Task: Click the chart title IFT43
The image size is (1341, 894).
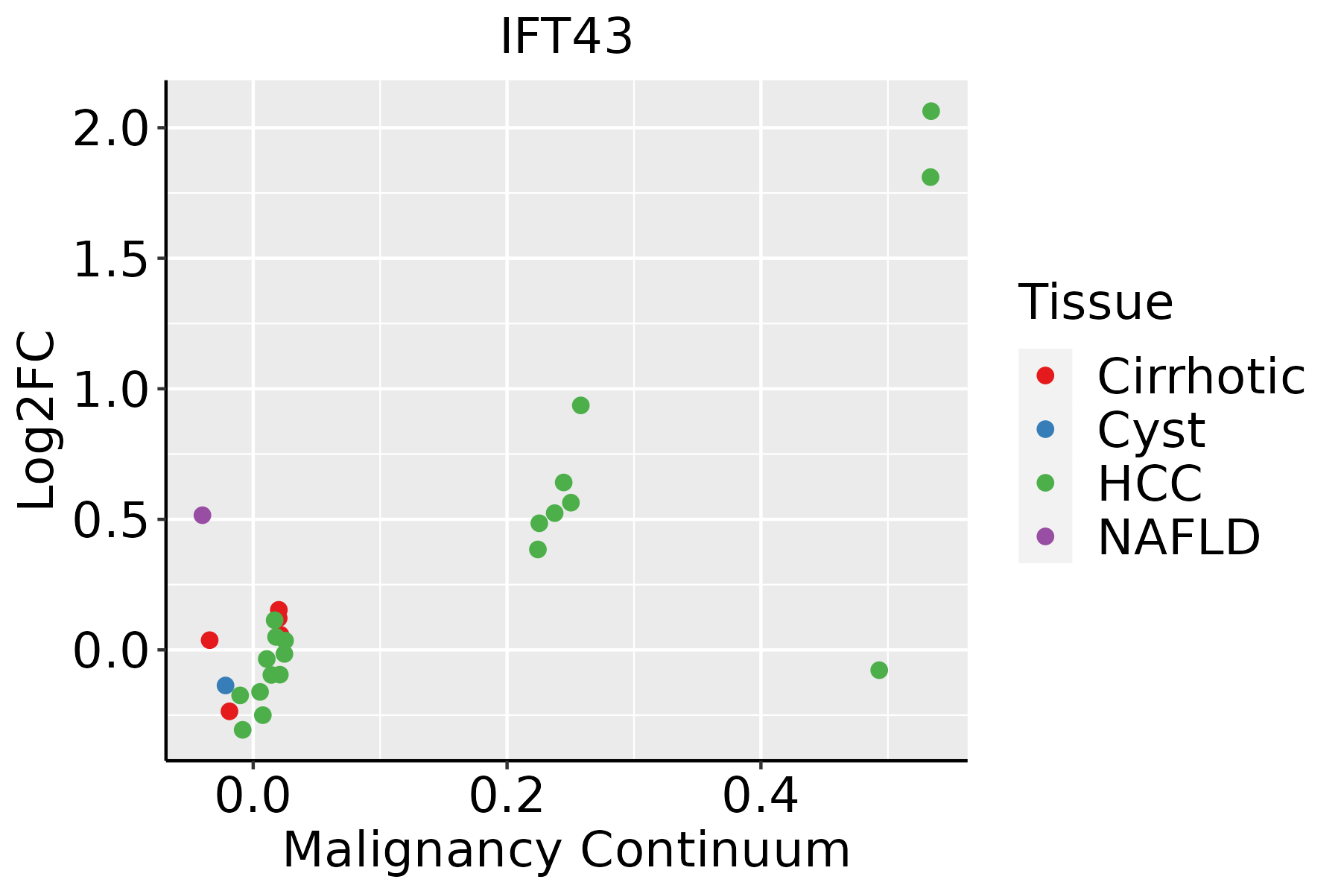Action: (566, 37)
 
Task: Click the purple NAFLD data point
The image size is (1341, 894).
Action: (202, 515)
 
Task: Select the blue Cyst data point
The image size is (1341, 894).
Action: (226, 685)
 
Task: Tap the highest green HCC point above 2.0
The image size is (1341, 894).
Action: (931, 111)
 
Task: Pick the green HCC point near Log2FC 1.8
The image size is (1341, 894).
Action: (931, 177)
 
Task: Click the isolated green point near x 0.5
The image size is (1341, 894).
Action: (879, 670)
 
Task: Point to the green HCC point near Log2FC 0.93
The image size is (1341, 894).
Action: (580, 405)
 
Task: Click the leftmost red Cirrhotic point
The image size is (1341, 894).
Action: (209, 640)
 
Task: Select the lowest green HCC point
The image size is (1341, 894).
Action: (242, 729)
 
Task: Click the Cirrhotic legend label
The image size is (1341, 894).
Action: (1200, 376)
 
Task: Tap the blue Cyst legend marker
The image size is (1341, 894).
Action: (1045, 429)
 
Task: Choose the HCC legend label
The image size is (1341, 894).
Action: (1150, 483)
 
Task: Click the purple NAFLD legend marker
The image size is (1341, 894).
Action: (1045, 536)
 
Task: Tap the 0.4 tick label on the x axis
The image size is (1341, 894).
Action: (761, 796)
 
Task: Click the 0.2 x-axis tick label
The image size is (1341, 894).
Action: (507, 796)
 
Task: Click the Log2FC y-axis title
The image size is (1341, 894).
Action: (37, 420)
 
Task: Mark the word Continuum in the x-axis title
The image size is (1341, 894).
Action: (714, 850)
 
